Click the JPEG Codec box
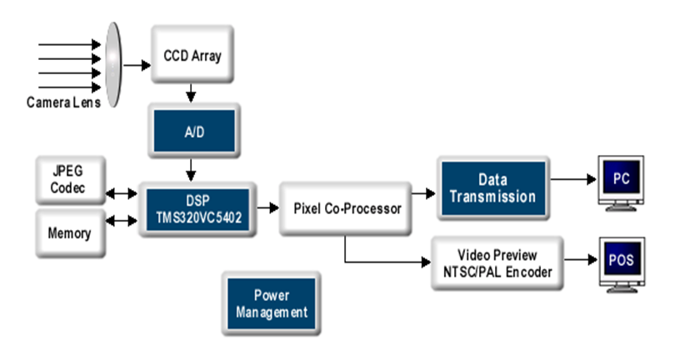69,181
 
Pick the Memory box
69,233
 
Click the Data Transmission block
494,188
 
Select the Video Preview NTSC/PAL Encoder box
497,262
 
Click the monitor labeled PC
621,181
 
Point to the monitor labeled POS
621,262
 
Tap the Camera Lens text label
63,102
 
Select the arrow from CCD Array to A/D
192,92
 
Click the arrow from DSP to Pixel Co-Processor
266,207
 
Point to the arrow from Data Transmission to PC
576,178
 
